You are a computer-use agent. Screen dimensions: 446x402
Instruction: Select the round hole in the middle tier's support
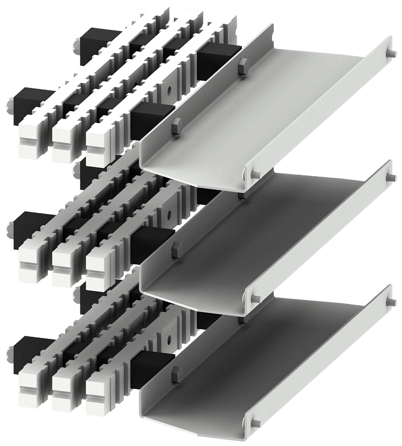tap(168, 215)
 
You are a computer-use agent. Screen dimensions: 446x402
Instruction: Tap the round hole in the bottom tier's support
tap(168, 340)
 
